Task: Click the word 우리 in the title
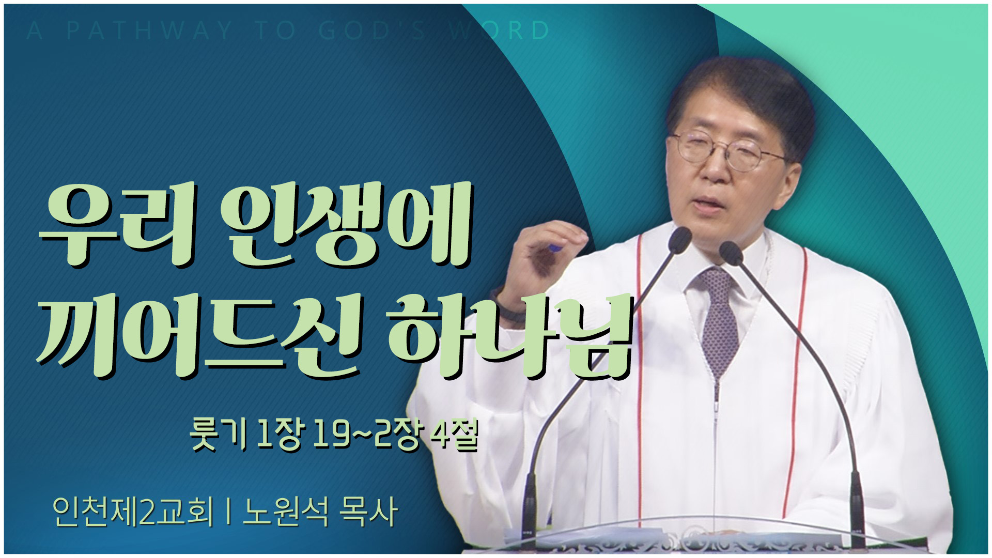117,225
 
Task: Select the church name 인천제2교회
133,512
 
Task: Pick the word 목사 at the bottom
368,512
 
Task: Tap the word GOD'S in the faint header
372,31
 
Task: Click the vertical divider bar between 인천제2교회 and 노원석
228,512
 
